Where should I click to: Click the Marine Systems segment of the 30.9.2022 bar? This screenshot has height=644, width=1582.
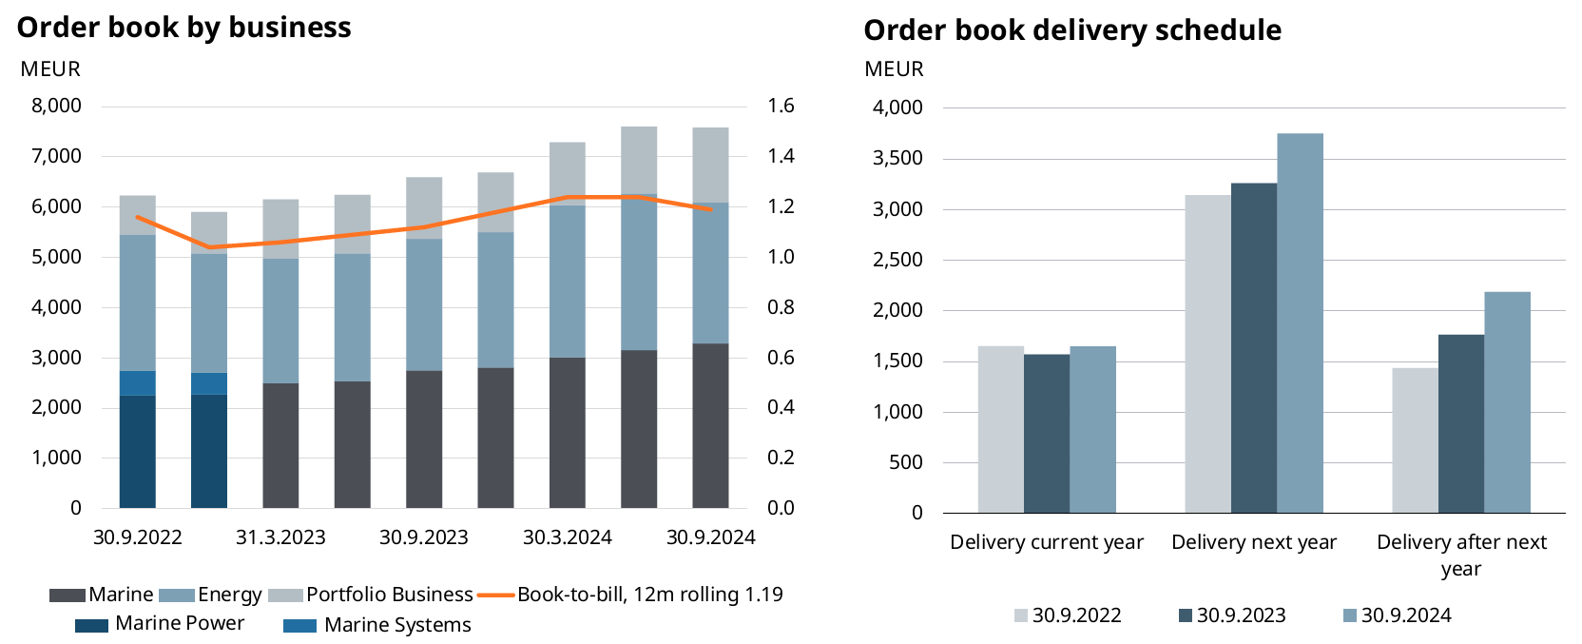tap(138, 382)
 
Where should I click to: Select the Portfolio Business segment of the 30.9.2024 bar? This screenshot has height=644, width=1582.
tap(710, 165)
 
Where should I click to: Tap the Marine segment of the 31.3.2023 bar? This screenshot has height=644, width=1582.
tap(280, 445)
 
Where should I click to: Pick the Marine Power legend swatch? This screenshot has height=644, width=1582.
tap(91, 625)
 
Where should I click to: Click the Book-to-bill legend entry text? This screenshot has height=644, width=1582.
tap(649, 595)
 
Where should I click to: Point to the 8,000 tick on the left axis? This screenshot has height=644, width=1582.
tap(57, 106)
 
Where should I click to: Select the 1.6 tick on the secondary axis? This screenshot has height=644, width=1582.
tap(781, 106)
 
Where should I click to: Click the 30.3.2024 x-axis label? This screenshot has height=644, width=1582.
tap(568, 537)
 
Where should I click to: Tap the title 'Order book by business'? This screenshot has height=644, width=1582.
tap(184, 28)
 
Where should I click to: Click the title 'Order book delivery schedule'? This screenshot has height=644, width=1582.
tap(1072, 30)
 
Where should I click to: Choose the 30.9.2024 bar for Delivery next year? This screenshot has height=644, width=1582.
tap(1300, 322)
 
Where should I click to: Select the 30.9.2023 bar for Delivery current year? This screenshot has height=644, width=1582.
tap(1047, 433)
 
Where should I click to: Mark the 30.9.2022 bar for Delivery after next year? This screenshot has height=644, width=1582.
tap(1415, 439)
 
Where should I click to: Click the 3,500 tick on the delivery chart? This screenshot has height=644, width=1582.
tap(897, 159)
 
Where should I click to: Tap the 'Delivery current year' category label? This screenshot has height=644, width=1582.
tap(1047, 542)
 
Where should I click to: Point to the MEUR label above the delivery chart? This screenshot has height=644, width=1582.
tap(894, 69)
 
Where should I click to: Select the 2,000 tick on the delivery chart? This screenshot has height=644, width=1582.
tap(897, 310)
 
